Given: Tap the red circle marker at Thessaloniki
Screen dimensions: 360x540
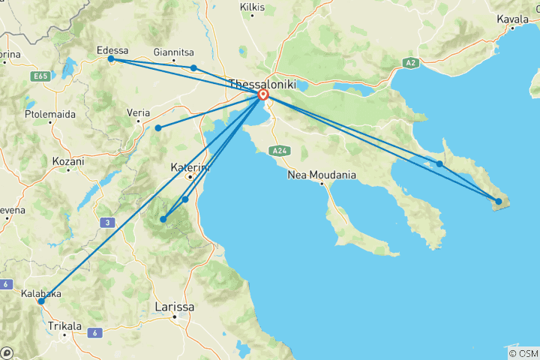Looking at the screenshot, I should (x=263, y=96).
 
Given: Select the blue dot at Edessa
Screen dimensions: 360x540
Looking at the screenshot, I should (x=111, y=58).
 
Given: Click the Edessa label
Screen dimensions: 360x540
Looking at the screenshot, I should (x=113, y=50).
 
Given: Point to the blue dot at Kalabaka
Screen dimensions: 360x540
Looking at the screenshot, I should (x=41, y=301).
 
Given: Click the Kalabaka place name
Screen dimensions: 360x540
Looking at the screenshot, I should (x=41, y=294).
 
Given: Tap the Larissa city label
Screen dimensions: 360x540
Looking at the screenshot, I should (x=174, y=307).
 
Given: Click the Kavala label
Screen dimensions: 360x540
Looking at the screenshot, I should (x=513, y=16).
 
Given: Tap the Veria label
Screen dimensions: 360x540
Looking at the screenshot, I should (x=139, y=112).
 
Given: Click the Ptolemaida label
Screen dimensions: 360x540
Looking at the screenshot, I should (x=47, y=116).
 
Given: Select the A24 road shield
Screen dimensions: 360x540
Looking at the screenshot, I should (x=279, y=151).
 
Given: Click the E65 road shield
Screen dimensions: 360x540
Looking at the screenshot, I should (x=40, y=76).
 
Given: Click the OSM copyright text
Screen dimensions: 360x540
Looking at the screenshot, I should (x=523, y=352).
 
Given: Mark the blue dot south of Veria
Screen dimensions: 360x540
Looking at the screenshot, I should (x=158, y=128).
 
